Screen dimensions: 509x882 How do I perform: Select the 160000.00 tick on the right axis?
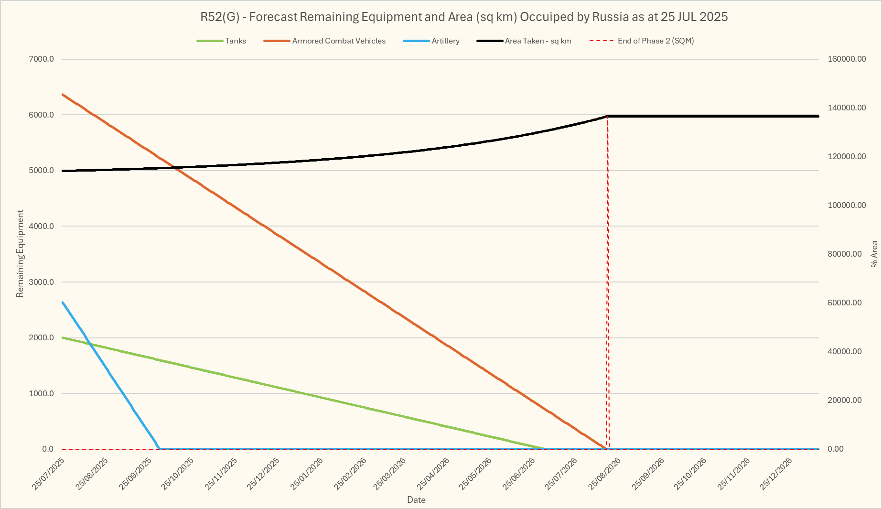point(846,59)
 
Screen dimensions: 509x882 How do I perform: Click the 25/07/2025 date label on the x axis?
point(48,474)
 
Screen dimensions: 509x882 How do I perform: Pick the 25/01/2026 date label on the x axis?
point(306,474)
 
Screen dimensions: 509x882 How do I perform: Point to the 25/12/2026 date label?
point(776,474)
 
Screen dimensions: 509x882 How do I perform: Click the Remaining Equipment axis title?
point(20,253)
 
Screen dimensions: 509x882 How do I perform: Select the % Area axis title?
point(874,253)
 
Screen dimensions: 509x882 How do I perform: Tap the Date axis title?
point(416,500)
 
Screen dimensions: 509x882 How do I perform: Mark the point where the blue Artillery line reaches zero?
point(159,449)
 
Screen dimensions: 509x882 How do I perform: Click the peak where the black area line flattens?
point(607,116)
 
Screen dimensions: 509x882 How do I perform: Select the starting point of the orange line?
point(63,94)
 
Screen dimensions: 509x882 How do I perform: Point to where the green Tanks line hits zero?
point(544,449)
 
